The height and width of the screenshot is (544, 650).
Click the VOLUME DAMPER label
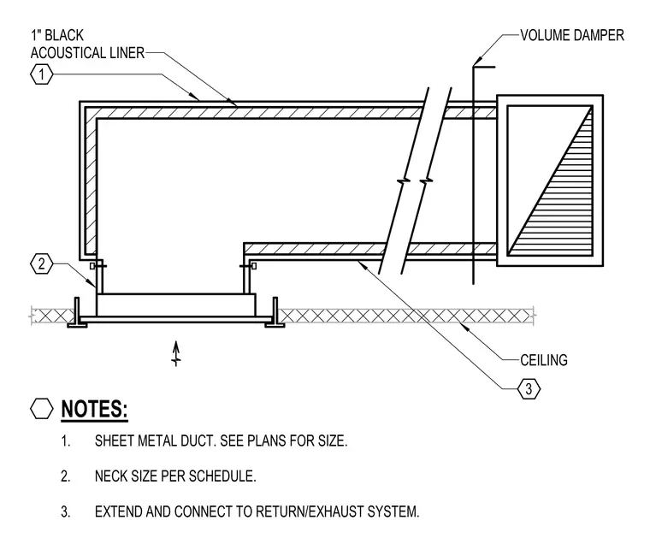coord(572,35)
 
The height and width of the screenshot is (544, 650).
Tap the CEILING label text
coord(544,360)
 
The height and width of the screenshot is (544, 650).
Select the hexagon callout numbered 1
coord(42,74)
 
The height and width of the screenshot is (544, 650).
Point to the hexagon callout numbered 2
coord(42,263)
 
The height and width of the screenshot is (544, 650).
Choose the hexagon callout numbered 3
coord(529,389)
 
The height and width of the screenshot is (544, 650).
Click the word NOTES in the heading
coord(94,409)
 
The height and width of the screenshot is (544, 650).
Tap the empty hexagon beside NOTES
coord(42,409)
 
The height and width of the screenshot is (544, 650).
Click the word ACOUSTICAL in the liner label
coord(68,53)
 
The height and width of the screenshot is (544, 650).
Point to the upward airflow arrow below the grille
coord(176,353)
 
